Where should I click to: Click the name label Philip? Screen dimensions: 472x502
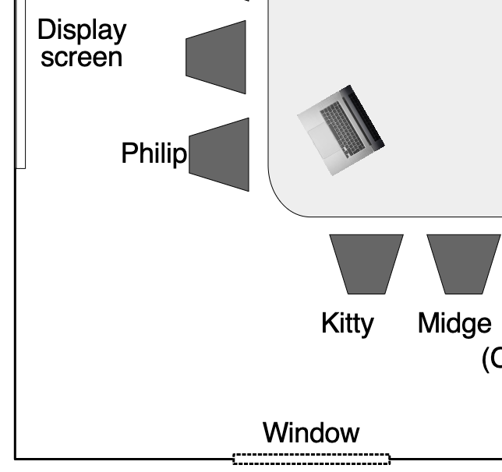[154, 154]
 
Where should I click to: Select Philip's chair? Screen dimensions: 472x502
[221, 154]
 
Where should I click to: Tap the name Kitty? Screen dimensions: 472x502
[347, 323]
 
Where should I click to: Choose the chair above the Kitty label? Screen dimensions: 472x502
[366, 262]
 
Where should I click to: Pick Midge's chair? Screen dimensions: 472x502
[463, 262]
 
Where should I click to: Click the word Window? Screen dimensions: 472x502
[311, 433]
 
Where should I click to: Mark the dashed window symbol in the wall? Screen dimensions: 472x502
[311, 460]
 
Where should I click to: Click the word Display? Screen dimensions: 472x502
[82, 31]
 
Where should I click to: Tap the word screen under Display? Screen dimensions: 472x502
[82, 58]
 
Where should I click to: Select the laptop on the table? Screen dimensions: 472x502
[341, 130]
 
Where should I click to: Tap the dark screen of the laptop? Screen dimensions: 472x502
[366, 120]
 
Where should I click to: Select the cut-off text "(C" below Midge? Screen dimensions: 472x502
[491, 359]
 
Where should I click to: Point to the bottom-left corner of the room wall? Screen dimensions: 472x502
[16, 460]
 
